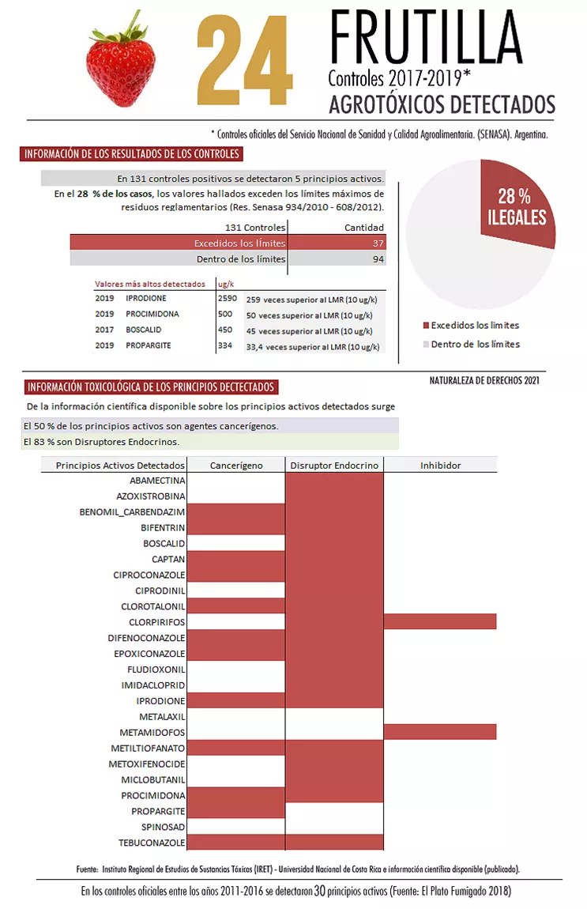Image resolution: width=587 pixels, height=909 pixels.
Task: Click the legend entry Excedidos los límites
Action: click(x=475, y=325)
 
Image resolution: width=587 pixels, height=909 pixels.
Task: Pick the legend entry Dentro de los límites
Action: click(x=475, y=344)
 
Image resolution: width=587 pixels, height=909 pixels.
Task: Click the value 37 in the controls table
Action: click(x=378, y=243)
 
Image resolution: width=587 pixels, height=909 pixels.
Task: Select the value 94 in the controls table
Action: click(x=378, y=258)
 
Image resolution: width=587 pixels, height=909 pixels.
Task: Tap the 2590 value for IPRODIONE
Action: click(x=227, y=299)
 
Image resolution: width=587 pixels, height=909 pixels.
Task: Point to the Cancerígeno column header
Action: click(x=236, y=465)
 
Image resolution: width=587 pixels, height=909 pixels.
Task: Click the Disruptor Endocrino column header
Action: click(x=334, y=465)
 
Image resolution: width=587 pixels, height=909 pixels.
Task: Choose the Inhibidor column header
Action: click(x=440, y=465)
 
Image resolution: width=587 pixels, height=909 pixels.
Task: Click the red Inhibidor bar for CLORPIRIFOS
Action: click(x=440, y=622)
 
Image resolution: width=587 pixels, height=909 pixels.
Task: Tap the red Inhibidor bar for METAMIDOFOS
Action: click(x=440, y=732)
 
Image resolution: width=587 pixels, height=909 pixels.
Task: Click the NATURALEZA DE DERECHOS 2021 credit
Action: click(x=484, y=380)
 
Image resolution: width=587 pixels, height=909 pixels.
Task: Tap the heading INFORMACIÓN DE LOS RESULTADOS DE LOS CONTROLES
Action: click(x=132, y=154)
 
